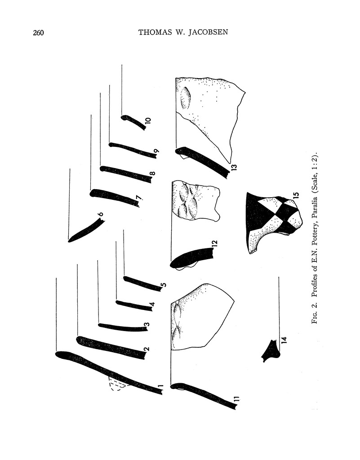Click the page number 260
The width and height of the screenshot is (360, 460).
38,32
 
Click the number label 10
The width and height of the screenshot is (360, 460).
148,120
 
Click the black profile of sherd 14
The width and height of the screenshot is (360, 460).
271,351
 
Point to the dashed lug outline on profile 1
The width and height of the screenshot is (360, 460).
117,385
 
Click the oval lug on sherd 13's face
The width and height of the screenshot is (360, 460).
186,98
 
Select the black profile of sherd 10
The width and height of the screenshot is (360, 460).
133,122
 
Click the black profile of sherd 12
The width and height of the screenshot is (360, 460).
191,258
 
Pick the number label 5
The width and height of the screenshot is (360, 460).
164,285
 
